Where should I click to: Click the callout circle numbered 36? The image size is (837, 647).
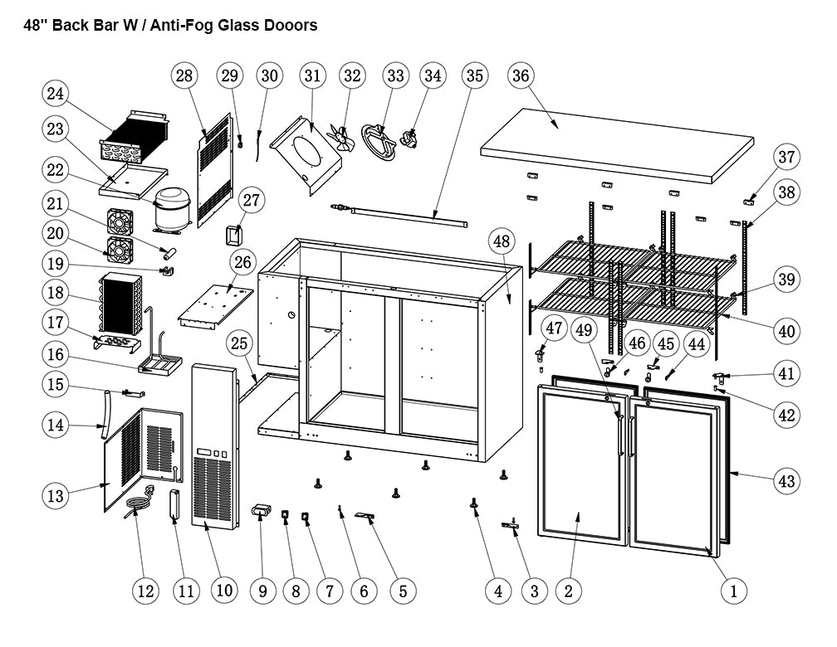point(520,76)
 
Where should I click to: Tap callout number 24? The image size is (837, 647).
point(56,94)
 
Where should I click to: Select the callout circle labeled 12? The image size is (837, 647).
point(145,591)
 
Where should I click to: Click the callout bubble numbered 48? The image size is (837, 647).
point(501,242)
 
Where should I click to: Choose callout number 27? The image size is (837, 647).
point(252,200)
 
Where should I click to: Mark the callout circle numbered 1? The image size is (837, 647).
point(733,591)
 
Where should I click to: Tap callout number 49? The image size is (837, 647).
point(585,330)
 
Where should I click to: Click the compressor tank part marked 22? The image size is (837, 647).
point(174,207)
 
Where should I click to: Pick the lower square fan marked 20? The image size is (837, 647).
point(121,248)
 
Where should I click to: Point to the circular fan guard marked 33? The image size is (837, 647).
point(380,140)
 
